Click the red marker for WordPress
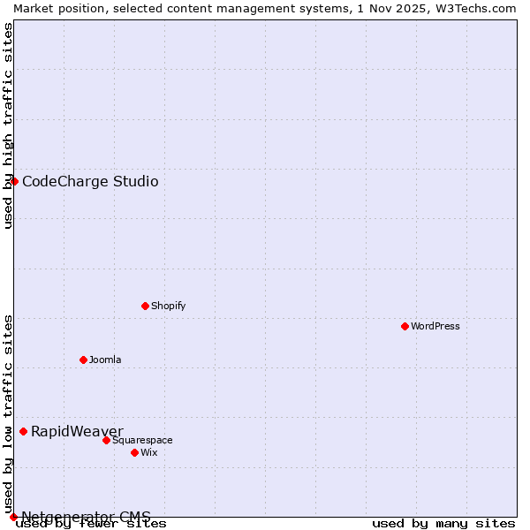[x=405, y=326]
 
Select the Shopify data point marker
[x=145, y=306]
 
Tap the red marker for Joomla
[x=83, y=360]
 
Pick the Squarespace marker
[x=106, y=440]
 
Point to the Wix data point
[x=134, y=452]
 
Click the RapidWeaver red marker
[x=23, y=431]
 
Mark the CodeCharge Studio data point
[x=14, y=181]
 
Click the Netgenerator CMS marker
[x=13, y=517]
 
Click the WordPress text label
[x=435, y=326]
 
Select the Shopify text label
[x=168, y=306]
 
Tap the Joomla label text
[x=105, y=360]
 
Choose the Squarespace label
[x=142, y=440]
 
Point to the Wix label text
[x=148, y=452]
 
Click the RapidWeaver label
[x=77, y=431]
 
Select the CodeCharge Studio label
[x=90, y=182]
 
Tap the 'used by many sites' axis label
[x=443, y=523]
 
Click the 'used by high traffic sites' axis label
[x=8, y=125]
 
